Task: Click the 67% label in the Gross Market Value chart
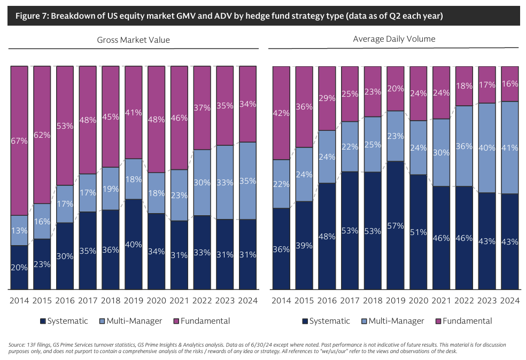tap(19, 140)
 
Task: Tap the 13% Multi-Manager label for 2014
tap(19, 231)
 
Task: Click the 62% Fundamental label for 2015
tap(42, 135)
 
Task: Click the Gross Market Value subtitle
tap(133, 40)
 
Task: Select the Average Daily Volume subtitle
tap(394, 39)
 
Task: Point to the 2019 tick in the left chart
tap(133, 300)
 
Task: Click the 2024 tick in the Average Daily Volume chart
tap(509, 300)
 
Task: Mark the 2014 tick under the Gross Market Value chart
tap(19, 300)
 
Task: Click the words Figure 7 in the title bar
tap(32, 16)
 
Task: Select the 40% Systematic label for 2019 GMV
tap(133, 245)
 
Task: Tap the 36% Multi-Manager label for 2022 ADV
tap(463, 146)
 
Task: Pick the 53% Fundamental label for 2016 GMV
tap(65, 126)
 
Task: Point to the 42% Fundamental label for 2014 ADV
tap(281, 113)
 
